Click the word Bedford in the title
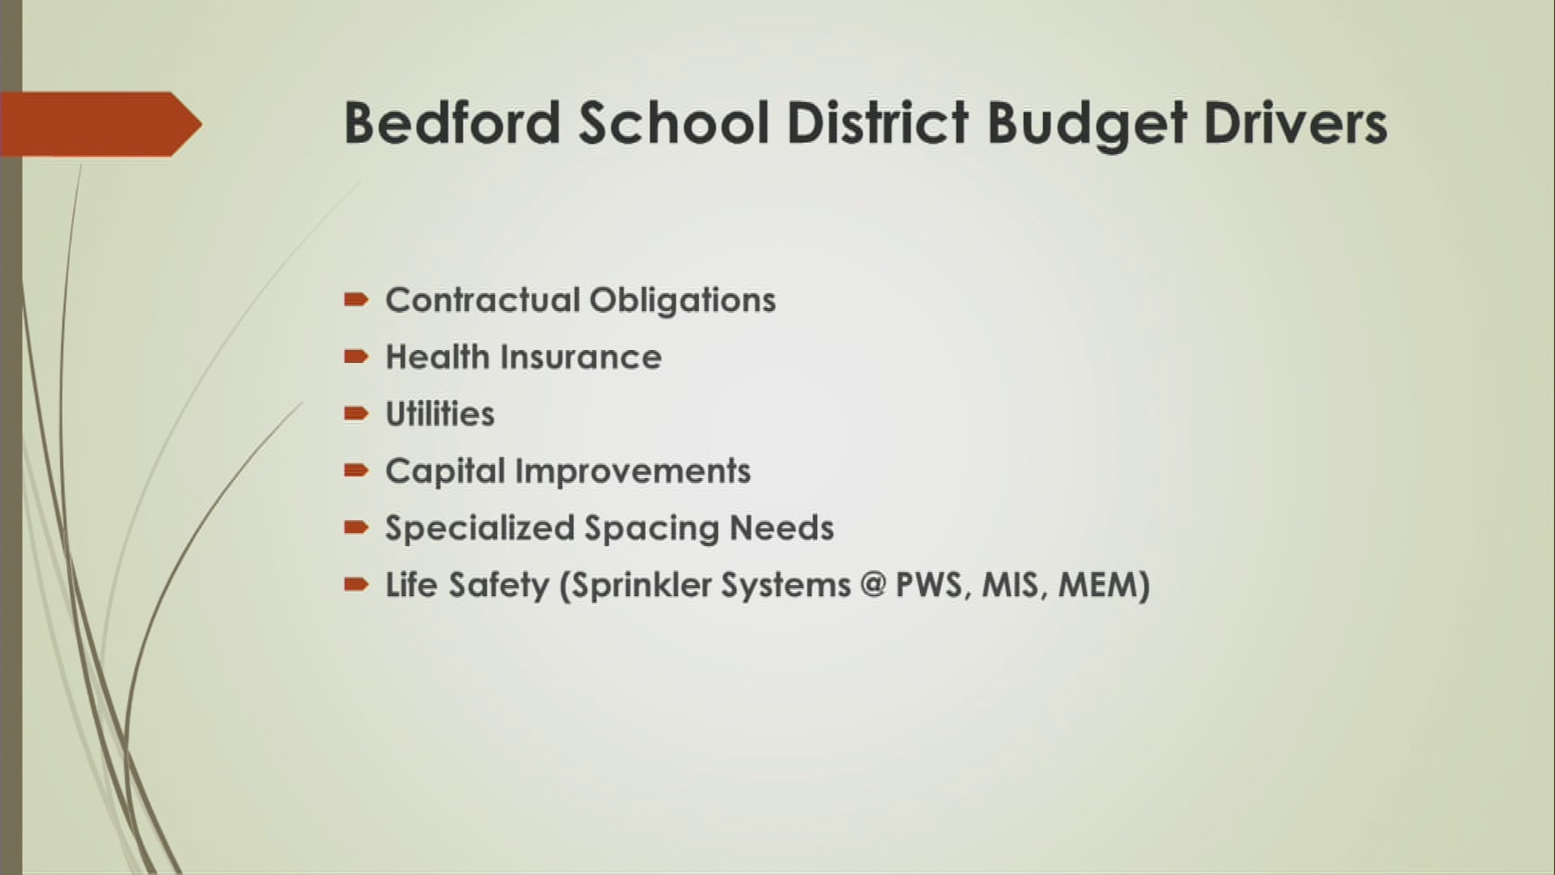(x=452, y=124)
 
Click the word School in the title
(x=673, y=124)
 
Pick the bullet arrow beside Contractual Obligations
(x=356, y=301)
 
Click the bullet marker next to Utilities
(x=356, y=414)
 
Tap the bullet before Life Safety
(x=356, y=584)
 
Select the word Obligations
(x=682, y=301)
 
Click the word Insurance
(x=580, y=357)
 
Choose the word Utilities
(x=440, y=414)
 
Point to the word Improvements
(x=633, y=471)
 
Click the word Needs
(x=782, y=528)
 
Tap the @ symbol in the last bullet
(x=873, y=585)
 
